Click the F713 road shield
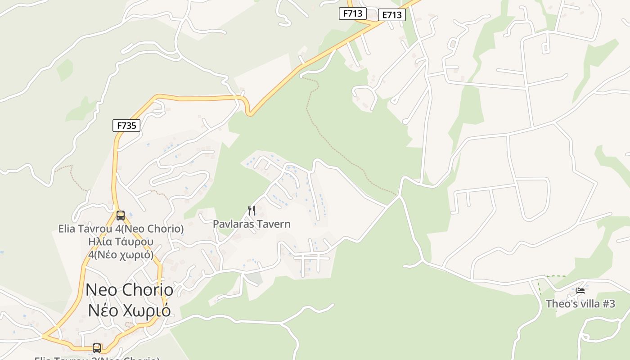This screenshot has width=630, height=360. coord(352,13)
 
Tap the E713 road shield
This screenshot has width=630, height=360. coord(391,15)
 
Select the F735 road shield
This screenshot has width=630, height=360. coord(126,126)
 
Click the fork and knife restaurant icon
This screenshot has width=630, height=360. coord(252,210)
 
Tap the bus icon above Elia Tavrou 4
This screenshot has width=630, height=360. coord(120,215)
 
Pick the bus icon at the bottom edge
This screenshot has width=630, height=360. coord(96,348)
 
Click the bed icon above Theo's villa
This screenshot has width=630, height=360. coord(580,291)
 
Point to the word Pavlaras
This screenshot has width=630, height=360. coord(234,224)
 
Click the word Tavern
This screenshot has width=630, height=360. coord(274,224)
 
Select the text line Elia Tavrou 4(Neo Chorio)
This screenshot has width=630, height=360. coord(121,229)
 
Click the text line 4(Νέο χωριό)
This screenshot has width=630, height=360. coord(121,254)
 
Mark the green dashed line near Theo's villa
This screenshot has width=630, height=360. coord(556,276)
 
